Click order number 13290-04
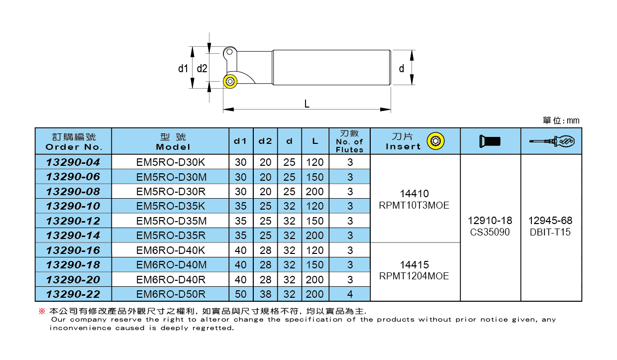point(73,162)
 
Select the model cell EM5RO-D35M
point(170,221)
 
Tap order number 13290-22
point(73,294)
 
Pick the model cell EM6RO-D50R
point(170,294)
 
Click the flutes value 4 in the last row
point(350,294)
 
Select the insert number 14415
point(413,265)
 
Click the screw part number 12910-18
point(490,221)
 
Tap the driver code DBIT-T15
point(550,232)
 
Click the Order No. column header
point(74,141)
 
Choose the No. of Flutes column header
point(349,141)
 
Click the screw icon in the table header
point(490,141)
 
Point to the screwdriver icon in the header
point(551,142)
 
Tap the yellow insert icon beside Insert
point(437,141)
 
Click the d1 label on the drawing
point(183,68)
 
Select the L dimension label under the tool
point(307,104)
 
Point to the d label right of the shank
point(402,68)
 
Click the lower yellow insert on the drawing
point(230,81)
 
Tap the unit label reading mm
point(561,121)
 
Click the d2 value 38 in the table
point(265,294)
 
